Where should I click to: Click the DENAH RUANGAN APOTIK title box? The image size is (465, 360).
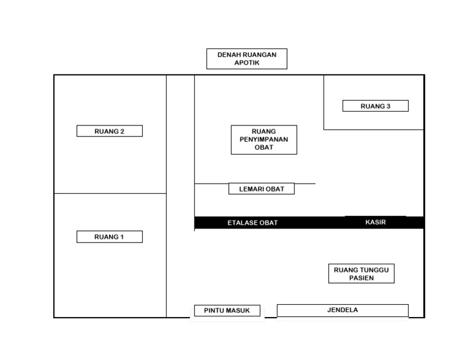coord(247,59)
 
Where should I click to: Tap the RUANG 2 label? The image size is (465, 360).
coord(110,131)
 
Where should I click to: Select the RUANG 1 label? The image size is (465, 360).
coord(110,236)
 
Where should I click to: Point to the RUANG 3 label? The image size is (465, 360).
coord(375,106)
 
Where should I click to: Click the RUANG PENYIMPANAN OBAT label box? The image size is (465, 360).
coord(264,139)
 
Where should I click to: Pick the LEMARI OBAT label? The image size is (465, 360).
coord(262,188)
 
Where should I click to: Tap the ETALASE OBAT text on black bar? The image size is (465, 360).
coord(252,222)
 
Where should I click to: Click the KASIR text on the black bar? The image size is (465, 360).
coord(375,222)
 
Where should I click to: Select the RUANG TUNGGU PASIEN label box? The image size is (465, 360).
coord(361,273)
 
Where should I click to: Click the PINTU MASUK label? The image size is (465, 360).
coord(227,310)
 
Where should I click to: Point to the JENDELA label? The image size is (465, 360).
coord(343,310)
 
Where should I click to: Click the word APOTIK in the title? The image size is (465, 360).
coord(247,62)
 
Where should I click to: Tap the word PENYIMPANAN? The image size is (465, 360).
coord(264,139)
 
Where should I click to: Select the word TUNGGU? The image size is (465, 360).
coord(374,270)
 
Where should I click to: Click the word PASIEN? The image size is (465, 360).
coord(361,278)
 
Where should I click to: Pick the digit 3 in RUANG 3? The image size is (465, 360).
coord(388,106)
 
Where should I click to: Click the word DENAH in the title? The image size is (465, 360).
coord(228,55)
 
